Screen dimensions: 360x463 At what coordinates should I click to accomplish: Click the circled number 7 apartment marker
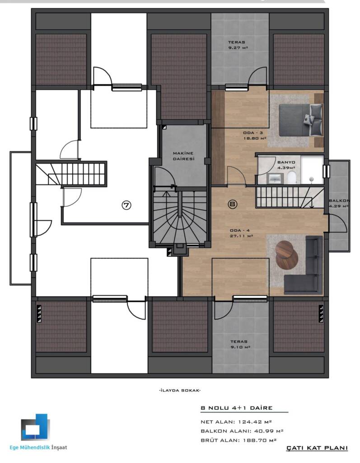[126, 205]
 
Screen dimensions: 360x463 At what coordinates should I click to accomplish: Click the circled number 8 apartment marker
[233, 204]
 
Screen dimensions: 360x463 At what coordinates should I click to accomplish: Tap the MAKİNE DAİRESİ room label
[183, 156]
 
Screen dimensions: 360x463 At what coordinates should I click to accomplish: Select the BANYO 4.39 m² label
[286, 165]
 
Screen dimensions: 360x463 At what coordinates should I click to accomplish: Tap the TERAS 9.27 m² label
[237, 45]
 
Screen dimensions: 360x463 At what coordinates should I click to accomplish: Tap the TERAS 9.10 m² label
[239, 344]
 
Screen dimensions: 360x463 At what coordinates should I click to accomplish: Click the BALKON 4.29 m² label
[339, 203]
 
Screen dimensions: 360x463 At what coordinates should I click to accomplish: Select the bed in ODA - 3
[301, 120]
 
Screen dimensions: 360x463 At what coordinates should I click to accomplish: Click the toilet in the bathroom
[291, 178]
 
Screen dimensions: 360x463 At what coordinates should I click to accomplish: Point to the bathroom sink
[275, 178]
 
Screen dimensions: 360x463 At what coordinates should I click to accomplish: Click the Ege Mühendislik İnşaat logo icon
[35, 427]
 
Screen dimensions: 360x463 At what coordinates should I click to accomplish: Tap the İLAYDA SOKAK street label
[180, 390]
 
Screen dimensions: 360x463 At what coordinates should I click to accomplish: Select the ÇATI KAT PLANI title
[317, 448]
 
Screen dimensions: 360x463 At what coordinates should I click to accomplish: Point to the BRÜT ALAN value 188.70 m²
[259, 440]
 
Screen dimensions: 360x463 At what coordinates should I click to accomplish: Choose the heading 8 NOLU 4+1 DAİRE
[236, 408]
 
